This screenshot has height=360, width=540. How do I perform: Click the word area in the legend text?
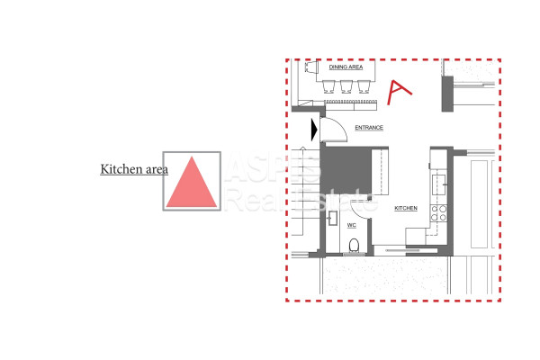pos(157,169)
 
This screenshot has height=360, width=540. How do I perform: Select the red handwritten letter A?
pos(399,92)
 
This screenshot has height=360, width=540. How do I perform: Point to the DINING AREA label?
pos(346,67)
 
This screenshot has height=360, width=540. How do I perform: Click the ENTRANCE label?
pos(369,128)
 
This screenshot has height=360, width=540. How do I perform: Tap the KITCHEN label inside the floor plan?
pos(406,208)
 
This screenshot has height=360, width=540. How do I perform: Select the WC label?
pos(351,225)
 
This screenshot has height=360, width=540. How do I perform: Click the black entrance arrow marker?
pos(314,130)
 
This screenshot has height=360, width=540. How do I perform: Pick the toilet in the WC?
pos(354,247)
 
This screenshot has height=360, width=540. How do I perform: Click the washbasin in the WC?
pos(332,218)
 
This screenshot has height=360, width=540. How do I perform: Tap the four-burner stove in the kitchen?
pos(439,213)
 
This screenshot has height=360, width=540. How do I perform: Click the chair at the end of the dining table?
pos(311,67)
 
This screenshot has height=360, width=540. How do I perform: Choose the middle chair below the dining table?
pos(346,86)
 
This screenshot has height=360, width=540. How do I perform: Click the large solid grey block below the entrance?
pos(346,170)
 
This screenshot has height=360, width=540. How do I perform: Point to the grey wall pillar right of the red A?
pos(447,94)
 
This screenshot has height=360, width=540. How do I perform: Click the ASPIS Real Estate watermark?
pos(301,183)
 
